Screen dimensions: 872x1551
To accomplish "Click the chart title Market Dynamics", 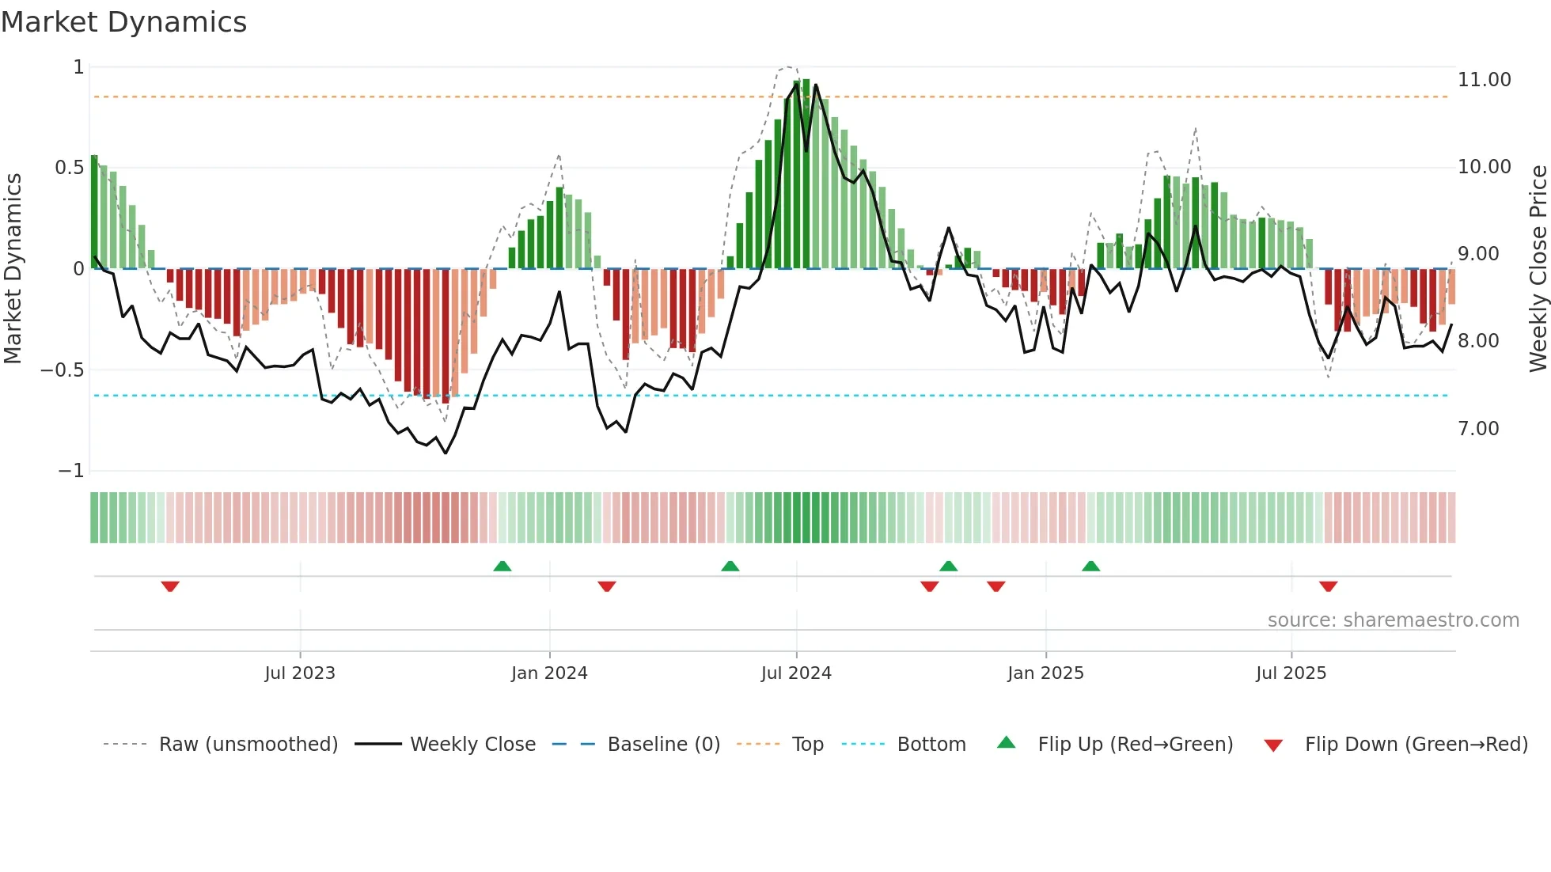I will pos(123,22).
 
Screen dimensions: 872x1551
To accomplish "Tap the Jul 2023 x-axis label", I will pos(300,673).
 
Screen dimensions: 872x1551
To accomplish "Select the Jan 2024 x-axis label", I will pos(549,673).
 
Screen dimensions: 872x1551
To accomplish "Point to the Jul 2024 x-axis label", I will pos(796,673).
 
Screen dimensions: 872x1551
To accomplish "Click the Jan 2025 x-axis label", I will pos(1045,673).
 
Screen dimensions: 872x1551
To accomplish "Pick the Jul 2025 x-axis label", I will pos(1291,673).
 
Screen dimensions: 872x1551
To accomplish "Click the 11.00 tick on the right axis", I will pos(1484,80).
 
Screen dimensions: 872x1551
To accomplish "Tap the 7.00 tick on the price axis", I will pos(1478,429).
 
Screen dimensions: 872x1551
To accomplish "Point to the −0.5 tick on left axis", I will pos(62,370).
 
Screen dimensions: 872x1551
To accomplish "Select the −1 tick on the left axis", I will pos(70,471).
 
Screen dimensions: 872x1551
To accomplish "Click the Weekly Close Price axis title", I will pos(1538,268).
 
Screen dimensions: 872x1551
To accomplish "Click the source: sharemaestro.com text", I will pos(1393,620).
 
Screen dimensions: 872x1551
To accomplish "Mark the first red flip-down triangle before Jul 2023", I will pos(170,586).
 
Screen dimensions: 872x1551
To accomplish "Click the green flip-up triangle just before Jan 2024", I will pos(502,566).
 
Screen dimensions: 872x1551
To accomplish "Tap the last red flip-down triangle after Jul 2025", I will pos(1328,586).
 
